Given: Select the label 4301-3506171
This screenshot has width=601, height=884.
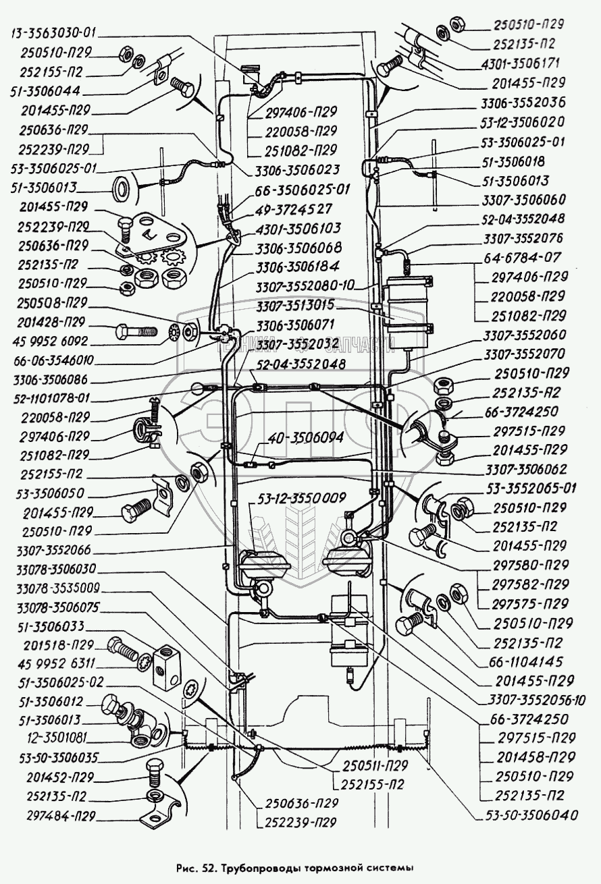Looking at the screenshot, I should click(523, 65).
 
